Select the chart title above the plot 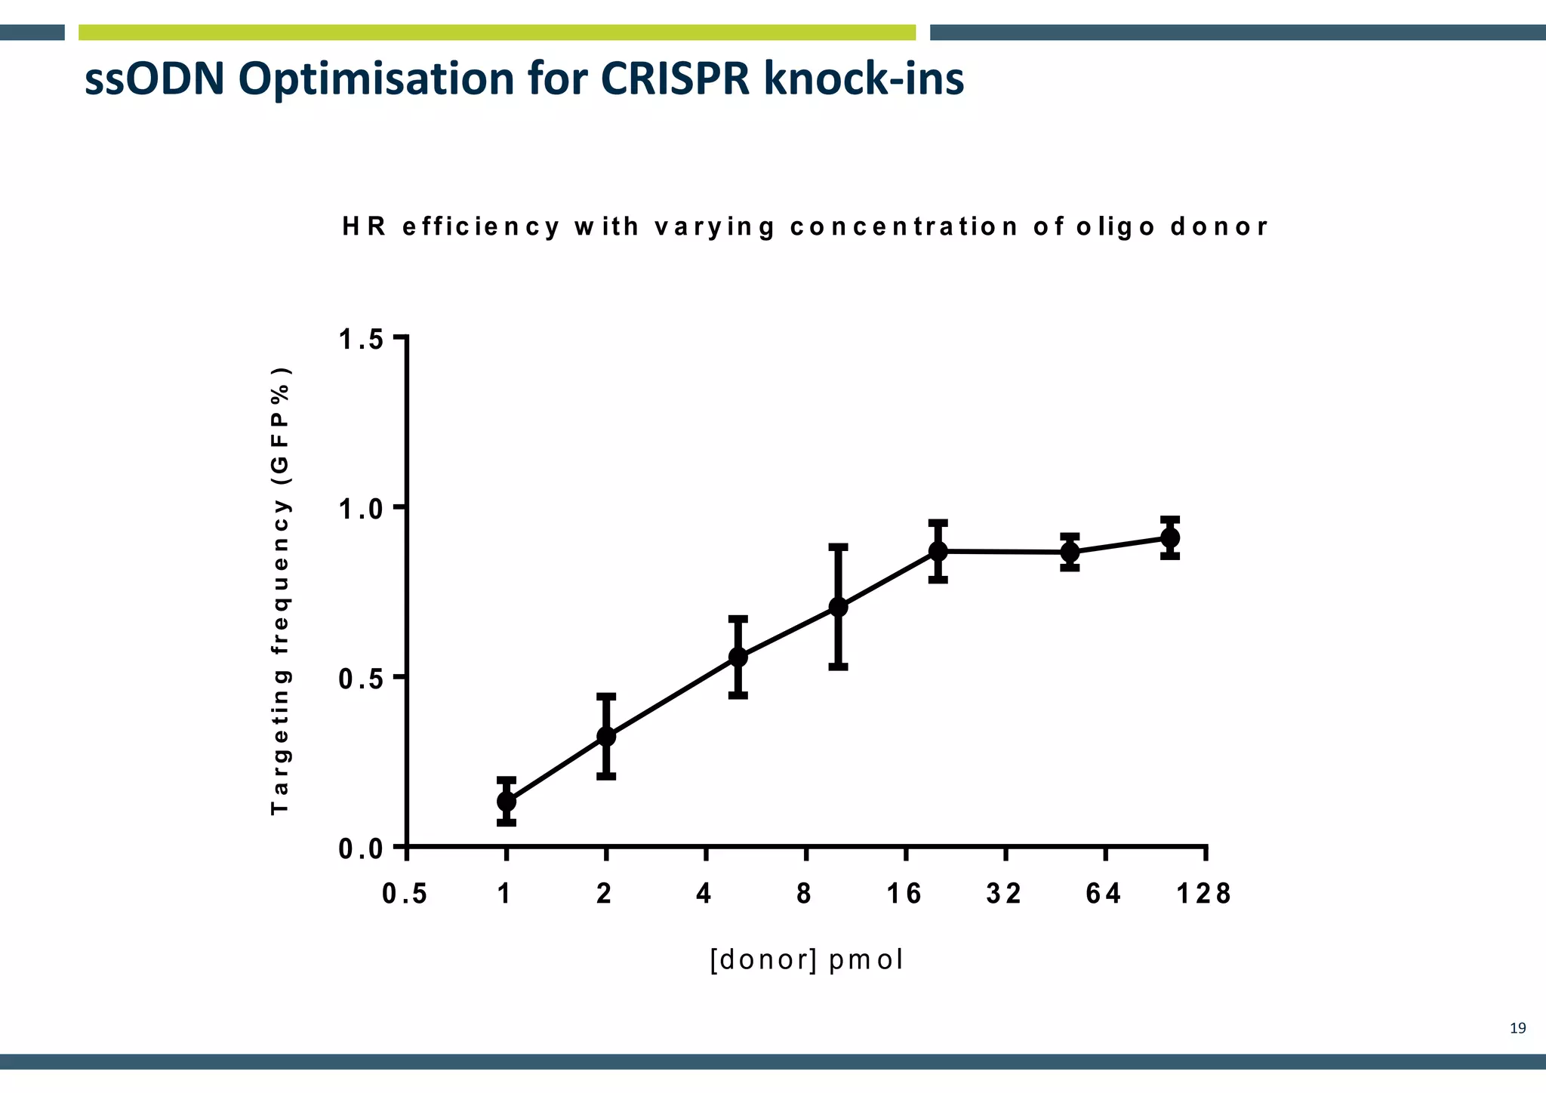coord(805,226)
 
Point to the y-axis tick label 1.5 coord(362,340)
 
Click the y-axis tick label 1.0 coord(362,510)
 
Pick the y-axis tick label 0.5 coord(362,679)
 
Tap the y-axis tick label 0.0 coord(362,849)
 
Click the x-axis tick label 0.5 coord(405,894)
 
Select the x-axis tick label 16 coord(904,894)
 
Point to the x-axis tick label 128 coord(1204,894)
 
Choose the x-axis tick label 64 coord(1104,894)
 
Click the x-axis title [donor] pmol coord(806,960)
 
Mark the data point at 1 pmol coord(507,801)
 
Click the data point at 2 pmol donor coord(606,736)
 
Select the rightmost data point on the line coord(1170,538)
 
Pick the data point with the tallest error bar coord(838,607)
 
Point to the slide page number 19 coord(1517,1028)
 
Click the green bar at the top coord(497,32)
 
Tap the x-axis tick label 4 coord(704,894)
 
